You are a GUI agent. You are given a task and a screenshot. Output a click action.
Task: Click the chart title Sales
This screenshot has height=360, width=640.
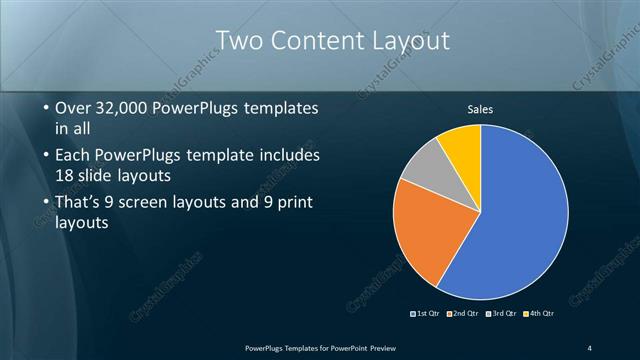481,110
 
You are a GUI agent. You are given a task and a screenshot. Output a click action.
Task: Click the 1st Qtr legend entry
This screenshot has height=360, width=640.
425,313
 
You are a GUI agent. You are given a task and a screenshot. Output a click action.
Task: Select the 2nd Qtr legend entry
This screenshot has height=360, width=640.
462,313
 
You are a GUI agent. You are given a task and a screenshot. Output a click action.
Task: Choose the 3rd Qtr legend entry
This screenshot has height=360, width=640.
500,313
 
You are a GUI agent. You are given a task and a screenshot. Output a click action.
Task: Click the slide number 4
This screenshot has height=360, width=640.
589,347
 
